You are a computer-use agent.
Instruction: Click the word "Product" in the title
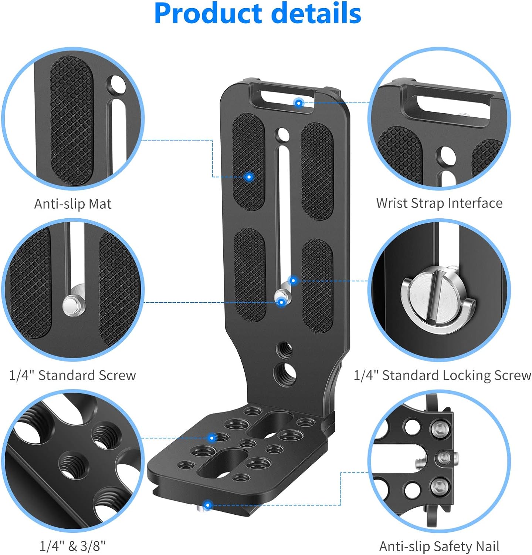(x=209, y=14)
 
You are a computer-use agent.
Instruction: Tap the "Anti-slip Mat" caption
(x=73, y=204)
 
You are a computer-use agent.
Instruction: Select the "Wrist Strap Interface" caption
(x=439, y=203)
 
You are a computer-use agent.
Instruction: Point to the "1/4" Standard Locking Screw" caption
(x=442, y=375)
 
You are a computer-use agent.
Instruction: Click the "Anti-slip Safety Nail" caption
(x=439, y=546)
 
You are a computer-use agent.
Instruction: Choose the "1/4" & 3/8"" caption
(x=73, y=546)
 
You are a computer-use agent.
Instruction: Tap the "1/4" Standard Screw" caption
(x=72, y=375)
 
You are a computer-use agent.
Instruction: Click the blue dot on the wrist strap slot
(x=298, y=102)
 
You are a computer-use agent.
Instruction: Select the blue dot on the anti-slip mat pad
(x=249, y=177)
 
